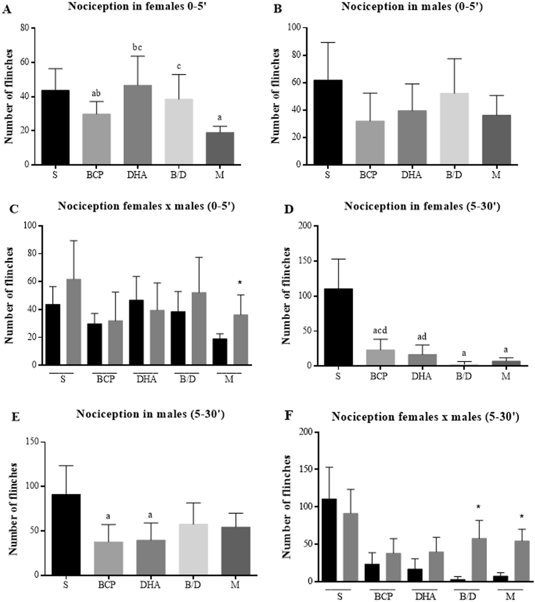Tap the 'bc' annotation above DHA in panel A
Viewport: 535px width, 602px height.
pos(137,47)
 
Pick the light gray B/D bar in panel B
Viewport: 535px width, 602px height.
pos(454,129)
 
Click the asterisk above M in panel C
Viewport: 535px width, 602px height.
pos(240,283)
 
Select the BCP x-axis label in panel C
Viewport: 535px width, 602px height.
pos(105,379)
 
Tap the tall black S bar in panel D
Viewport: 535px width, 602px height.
pos(338,327)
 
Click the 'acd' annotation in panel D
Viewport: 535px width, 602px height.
pos(380,330)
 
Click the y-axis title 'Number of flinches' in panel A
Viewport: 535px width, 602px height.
pos(9,97)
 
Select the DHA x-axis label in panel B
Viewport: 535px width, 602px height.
pos(411,175)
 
